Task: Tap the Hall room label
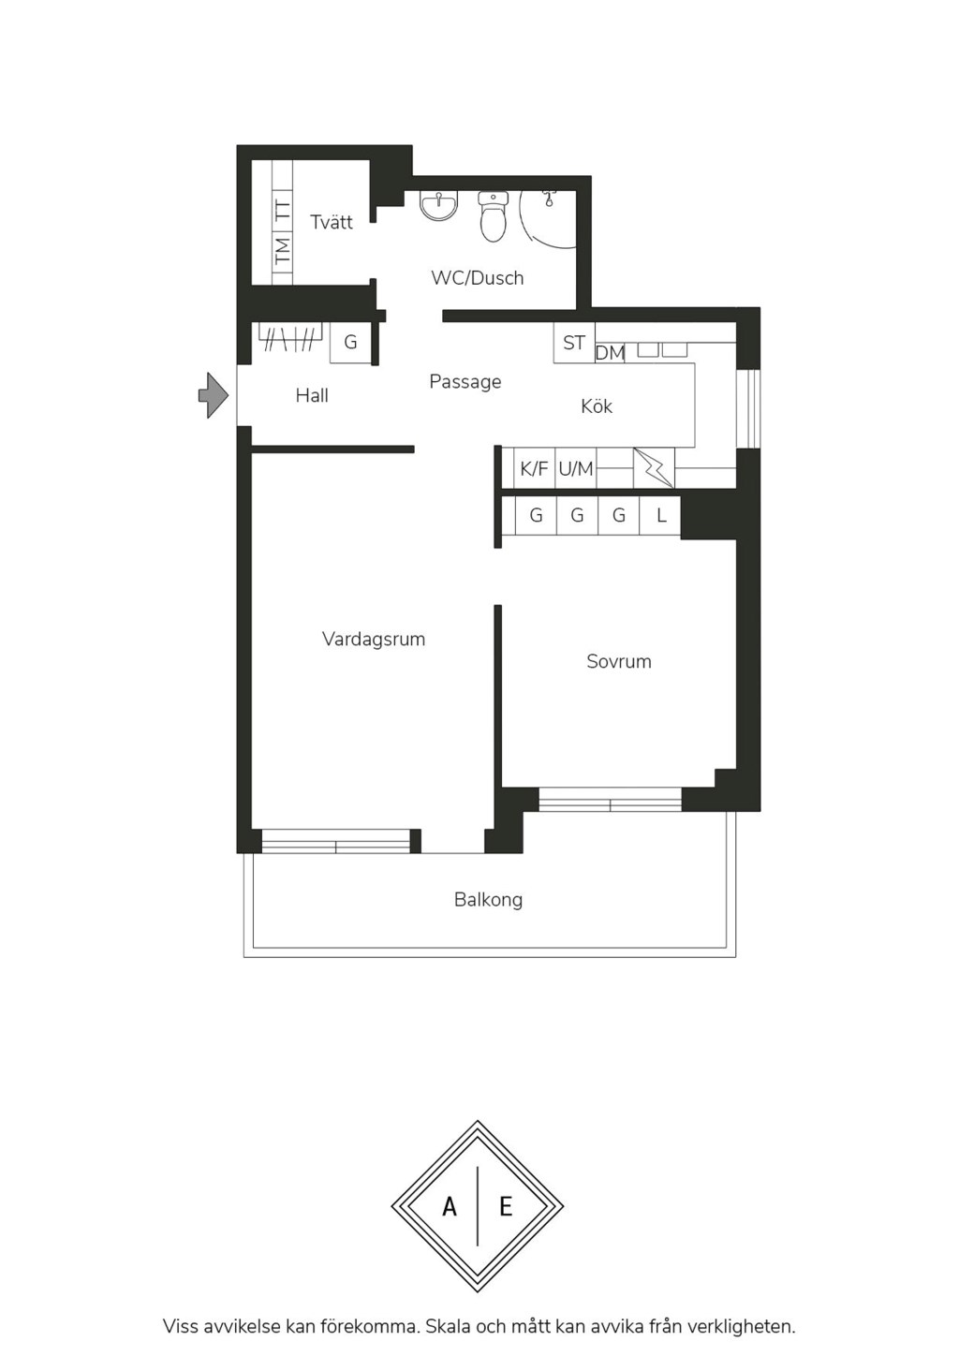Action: pos(312,396)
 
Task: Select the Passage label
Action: pos(465,382)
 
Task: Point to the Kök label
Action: pos(597,406)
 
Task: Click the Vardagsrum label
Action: pos(374,640)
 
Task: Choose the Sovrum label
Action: pos(619,661)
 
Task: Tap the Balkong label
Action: pos(488,900)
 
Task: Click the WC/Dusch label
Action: pos(477,278)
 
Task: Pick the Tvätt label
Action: pos(332,222)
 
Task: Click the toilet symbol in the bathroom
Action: pos(494,216)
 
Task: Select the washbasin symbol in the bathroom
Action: pos(439,206)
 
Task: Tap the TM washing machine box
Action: pos(282,251)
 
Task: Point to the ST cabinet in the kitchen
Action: pos(574,343)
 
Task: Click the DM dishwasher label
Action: pos(610,353)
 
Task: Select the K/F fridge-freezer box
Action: pos(534,468)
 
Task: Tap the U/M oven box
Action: pos(576,468)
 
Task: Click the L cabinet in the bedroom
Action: pos(660,516)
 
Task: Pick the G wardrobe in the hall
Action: pos(350,343)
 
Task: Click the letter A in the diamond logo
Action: pos(450,1207)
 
